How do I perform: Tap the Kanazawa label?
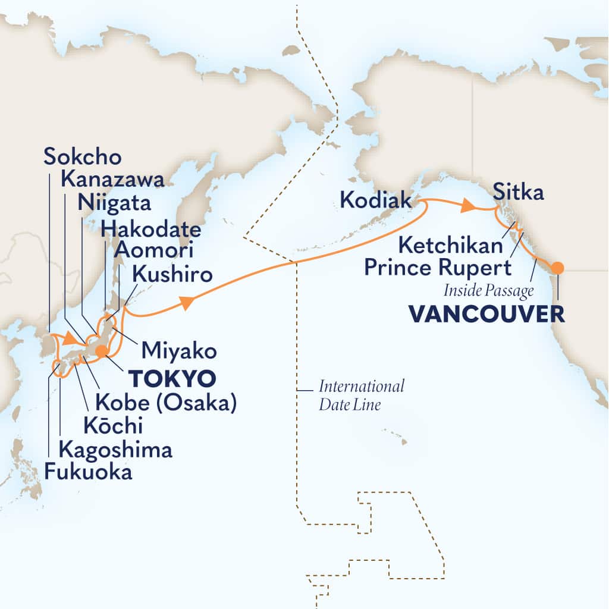tap(112, 181)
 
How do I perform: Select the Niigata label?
tap(114, 204)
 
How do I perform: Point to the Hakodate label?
tap(150, 228)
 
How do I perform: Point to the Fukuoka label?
tap(88, 473)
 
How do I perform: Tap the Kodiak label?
tap(375, 200)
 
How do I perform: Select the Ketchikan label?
tap(446, 243)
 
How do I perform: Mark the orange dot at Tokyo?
tap(102, 350)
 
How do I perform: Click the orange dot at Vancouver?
tap(557, 268)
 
